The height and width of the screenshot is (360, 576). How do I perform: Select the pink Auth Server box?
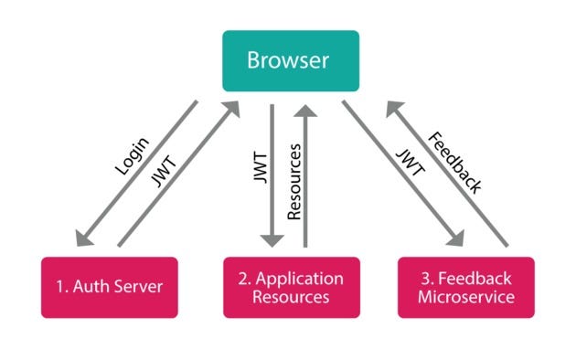[x=110, y=287]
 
